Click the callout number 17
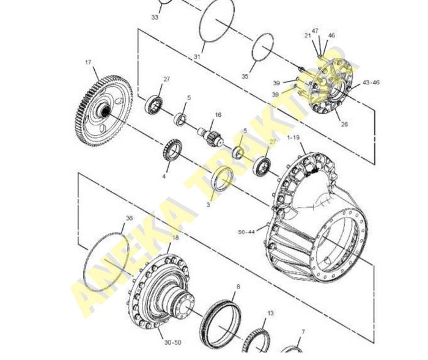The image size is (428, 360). [88, 62]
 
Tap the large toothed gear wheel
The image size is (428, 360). [104, 111]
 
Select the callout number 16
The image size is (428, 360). [218, 115]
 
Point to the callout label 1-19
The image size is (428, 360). [293, 138]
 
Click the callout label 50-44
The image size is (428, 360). [246, 232]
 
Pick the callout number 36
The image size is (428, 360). [129, 218]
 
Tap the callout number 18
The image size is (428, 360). [175, 238]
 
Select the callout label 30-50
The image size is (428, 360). [173, 342]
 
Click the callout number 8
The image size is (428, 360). [238, 287]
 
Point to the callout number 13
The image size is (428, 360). [270, 313]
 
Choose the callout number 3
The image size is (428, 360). [208, 205]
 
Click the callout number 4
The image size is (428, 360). [164, 177]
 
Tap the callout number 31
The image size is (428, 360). [197, 57]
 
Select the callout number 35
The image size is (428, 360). [245, 76]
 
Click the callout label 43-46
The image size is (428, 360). [371, 82]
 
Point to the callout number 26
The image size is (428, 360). [344, 124]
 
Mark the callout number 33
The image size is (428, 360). [155, 17]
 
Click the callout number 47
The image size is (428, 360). [315, 31]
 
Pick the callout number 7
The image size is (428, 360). [303, 332]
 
